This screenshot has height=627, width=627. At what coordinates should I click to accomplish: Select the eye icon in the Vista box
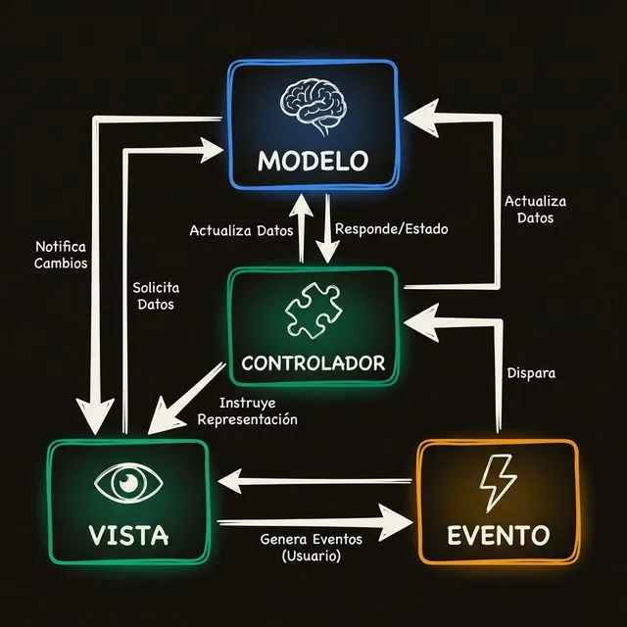pos(127,482)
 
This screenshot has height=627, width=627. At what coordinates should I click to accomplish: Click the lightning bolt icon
pos(497,483)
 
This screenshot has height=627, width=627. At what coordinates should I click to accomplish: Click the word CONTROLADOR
pos(313,363)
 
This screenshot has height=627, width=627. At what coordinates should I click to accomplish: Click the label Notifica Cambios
pos(61,255)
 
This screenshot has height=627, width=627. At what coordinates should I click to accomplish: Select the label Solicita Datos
pos(156,296)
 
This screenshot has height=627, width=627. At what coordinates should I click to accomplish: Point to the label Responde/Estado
pos(391,229)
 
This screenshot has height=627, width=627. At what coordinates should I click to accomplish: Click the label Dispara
pos(532,373)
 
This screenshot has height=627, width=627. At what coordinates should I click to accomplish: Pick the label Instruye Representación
pos(248,411)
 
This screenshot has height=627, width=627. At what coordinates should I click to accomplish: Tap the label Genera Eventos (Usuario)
pos(313,547)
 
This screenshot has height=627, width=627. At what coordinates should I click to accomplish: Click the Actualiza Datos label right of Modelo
pos(536,209)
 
